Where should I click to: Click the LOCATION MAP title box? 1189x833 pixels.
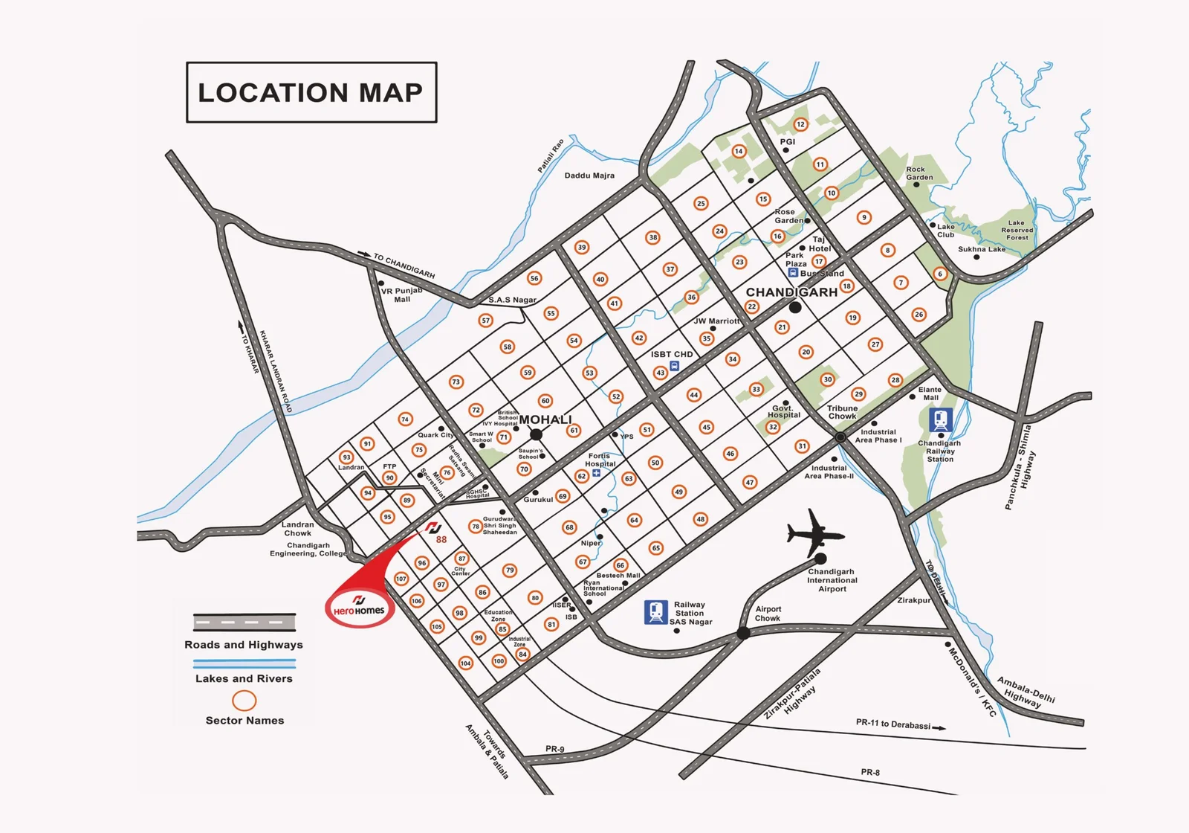(x=311, y=92)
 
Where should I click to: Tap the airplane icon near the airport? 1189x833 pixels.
(x=814, y=533)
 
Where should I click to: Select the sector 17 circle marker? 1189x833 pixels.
(x=819, y=261)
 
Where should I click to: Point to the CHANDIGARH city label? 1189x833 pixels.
(x=791, y=292)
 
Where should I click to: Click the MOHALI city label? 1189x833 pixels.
(x=545, y=419)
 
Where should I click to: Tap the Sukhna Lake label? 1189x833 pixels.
(x=981, y=249)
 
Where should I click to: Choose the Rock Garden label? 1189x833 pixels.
(x=919, y=173)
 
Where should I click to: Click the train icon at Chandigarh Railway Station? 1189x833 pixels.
(x=941, y=420)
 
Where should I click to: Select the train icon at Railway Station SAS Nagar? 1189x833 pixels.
(x=655, y=612)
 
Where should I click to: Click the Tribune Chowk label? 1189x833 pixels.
(x=842, y=412)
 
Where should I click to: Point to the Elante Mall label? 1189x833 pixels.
(x=930, y=393)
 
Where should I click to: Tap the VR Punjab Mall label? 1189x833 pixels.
(x=401, y=295)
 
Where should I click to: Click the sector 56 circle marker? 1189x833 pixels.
(x=534, y=278)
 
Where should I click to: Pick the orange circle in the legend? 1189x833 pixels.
(x=244, y=701)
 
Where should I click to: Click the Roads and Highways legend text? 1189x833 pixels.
(x=244, y=645)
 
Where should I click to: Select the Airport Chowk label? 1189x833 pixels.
(x=768, y=614)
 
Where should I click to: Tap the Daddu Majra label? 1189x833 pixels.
(x=589, y=176)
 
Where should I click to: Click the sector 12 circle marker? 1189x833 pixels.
(x=800, y=124)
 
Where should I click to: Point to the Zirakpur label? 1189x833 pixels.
(x=913, y=600)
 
